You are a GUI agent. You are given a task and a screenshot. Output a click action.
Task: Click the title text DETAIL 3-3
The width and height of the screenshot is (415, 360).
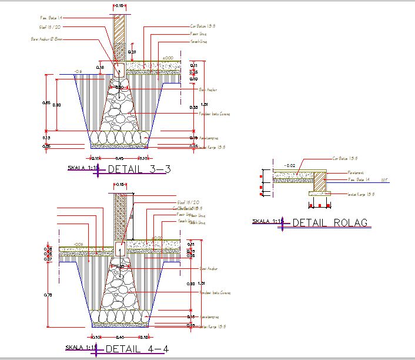click(139, 169)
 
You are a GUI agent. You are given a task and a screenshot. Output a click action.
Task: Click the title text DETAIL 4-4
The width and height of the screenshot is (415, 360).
click(139, 349)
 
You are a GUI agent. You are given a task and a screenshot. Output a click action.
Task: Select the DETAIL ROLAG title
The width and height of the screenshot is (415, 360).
click(329, 223)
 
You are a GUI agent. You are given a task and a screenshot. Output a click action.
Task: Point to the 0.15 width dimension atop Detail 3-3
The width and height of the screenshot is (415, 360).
click(119, 5)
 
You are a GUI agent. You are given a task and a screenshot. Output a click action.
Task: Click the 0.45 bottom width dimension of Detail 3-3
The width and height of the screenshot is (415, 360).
click(119, 158)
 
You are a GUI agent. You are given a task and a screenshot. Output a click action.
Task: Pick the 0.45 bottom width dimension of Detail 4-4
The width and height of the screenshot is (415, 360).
click(119, 337)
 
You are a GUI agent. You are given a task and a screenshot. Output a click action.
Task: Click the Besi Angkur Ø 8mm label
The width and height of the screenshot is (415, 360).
click(46, 39)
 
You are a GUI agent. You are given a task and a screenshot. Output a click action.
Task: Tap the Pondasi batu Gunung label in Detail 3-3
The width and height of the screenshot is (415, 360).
click(214, 114)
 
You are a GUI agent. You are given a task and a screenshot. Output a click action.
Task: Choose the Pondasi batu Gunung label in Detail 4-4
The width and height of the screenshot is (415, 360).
click(214, 292)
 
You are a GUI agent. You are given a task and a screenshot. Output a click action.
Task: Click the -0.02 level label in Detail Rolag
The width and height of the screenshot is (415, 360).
click(289, 165)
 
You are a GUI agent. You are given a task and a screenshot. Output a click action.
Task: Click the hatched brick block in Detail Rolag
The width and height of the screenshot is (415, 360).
click(319, 182)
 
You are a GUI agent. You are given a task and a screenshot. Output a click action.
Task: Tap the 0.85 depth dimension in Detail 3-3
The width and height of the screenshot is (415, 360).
click(46, 103)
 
